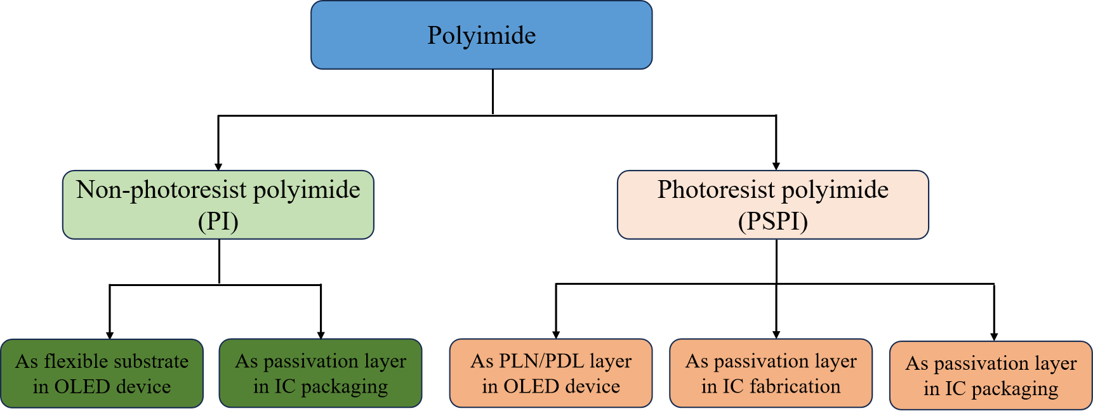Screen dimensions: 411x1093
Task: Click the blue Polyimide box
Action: [481, 35]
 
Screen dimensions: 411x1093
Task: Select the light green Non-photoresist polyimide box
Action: [218, 204]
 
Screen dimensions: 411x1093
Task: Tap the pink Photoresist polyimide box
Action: [772, 204]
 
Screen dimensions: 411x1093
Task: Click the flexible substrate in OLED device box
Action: [102, 373]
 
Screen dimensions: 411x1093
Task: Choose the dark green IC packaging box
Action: [321, 373]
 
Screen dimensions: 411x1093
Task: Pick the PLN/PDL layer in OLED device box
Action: [550, 373]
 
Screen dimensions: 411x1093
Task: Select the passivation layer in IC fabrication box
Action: [771, 373]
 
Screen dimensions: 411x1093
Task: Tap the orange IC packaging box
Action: [991, 375]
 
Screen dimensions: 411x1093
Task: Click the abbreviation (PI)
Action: [218, 221]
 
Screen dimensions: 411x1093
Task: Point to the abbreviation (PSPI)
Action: [772, 221]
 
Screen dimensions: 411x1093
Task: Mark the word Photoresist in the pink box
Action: [716, 190]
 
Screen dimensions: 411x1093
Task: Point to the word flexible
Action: [69, 361]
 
